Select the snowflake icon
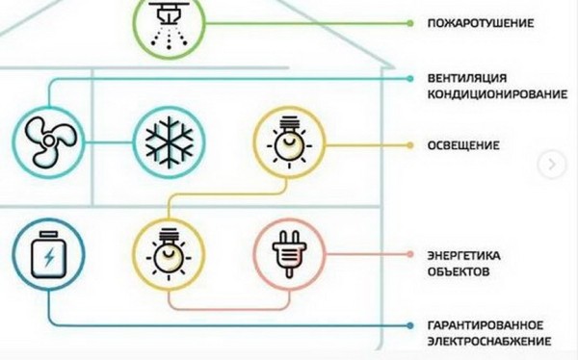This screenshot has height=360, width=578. click(x=170, y=142)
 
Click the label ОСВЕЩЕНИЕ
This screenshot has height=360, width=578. click(x=461, y=145)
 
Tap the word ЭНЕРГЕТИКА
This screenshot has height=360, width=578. click(x=464, y=255)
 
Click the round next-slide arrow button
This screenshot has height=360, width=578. click(x=552, y=164)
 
